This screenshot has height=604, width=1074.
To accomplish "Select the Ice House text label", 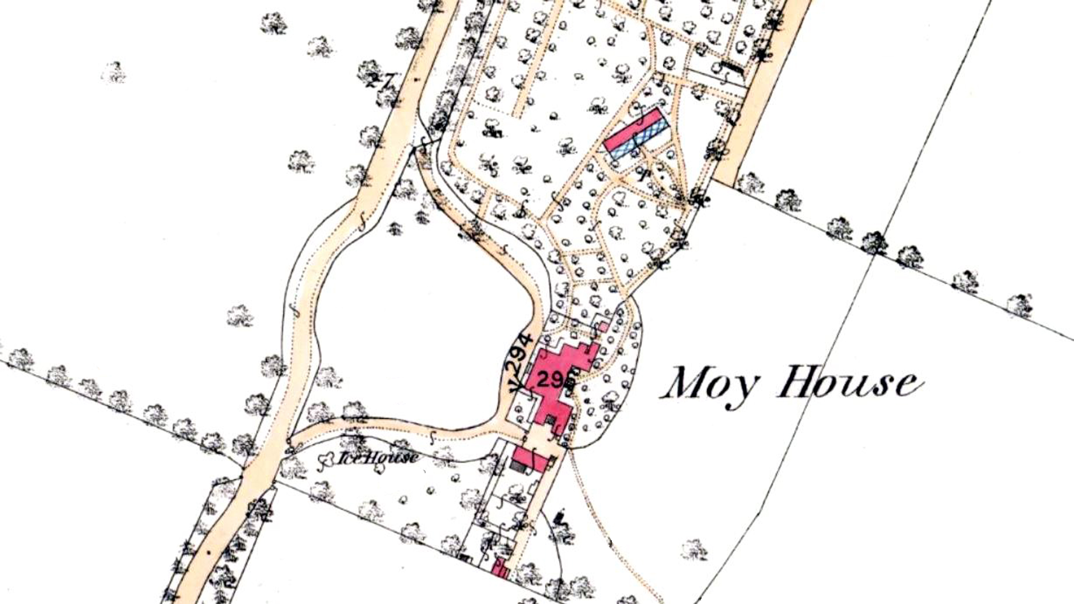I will pyautogui.click(x=378, y=458).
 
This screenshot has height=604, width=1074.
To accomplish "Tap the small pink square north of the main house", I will pyautogui.click(x=603, y=327).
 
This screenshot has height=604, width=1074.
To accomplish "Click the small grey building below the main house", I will pyautogui.click(x=518, y=466).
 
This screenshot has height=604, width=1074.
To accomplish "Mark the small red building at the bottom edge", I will pyautogui.click(x=500, y=569).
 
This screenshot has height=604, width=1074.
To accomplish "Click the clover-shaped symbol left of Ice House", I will pyautogui.click(x=327, y=460).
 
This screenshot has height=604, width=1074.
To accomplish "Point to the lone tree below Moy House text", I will pyautogui.click(x=694, y=550).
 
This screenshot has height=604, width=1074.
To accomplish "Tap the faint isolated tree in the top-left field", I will pyautogui.click(x=114, y=72).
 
